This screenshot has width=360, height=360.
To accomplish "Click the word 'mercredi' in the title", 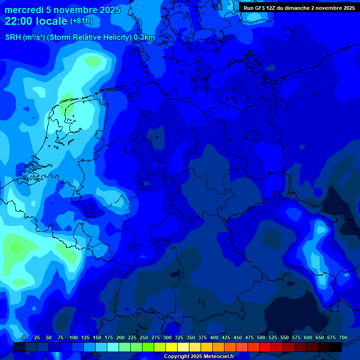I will (x=24, y=10).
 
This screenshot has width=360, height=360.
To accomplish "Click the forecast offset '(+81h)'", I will (x=81, y=21).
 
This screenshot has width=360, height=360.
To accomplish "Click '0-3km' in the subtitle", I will (x=144, y=37).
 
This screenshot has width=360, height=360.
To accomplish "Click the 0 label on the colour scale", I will (x=24, y=338).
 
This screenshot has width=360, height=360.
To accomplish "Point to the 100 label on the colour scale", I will (x=74, y=338).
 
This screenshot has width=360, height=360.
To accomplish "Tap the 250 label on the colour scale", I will (x=144, y=338).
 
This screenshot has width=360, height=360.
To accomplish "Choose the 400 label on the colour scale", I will (x=214, y=338).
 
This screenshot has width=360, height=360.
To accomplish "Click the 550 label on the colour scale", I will (x=285, y=338).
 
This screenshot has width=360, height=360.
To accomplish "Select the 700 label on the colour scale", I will (x=343, y=338).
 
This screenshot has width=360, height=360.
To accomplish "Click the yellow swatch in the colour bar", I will (x=172, y=347).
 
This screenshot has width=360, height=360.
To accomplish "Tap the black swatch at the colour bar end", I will (x=336, y=347).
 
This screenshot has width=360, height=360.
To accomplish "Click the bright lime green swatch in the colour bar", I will (x=148, y=347).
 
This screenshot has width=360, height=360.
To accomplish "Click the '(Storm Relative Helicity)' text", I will (x=89, y=37).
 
